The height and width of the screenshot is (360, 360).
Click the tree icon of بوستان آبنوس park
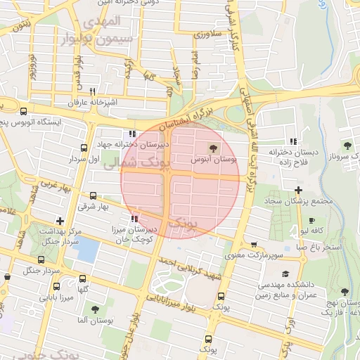point(214,148)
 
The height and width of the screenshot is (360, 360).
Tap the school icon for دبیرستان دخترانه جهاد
point(132,134)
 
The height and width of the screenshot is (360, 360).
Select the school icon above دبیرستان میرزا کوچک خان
point(134,218)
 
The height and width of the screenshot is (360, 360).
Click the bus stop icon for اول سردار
point(84,148)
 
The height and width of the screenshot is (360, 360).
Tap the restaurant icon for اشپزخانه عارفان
point(92,91)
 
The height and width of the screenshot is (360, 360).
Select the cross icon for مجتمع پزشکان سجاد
point(299,190)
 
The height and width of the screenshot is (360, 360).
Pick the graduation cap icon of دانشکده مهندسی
point(285,274)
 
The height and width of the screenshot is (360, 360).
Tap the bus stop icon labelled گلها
point(83,279)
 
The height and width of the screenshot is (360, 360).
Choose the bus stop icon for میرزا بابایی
point(57,286)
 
